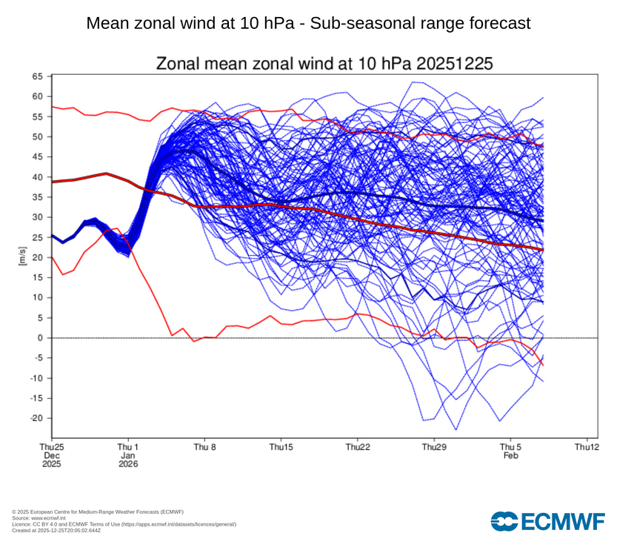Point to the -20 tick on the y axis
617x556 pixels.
click(x=36, y=418)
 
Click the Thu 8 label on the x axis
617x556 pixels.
click(x=204, y=447)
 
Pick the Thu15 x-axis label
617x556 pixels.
click(x=281, y=447)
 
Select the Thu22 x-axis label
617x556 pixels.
click(x=358, y=447)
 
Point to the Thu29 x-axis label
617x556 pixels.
click(x=434, y=447)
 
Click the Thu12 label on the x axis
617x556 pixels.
click(x=586, y=447)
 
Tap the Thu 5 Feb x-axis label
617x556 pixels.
click(x=510, y=451)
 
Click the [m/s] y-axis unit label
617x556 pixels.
click(x=22, y=258)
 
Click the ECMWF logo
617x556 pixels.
click(x=547, y=521)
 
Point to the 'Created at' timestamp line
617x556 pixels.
click(x=56, y=530)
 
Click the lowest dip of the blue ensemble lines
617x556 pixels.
click(x=456, y=430)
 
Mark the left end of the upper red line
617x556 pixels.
click(x=52, y=107)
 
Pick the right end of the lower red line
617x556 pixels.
click(x=543, y=365)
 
